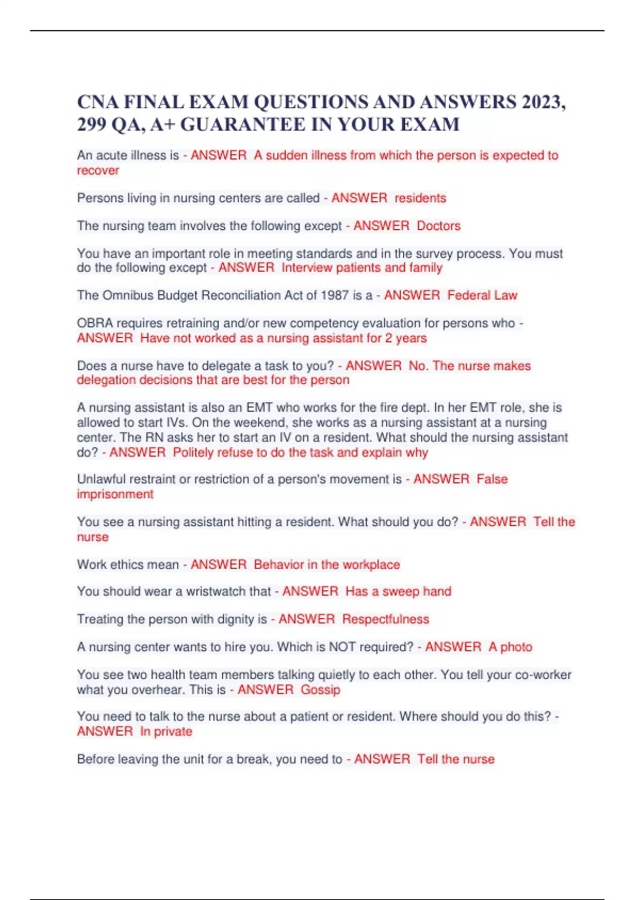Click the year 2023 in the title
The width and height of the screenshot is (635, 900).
(541, 102)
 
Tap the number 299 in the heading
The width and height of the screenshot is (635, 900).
(92, 124)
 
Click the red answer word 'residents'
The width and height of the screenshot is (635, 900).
(420, 198)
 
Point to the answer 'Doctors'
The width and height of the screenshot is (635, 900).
(439, 226)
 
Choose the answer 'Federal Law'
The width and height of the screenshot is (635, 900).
(482, 295)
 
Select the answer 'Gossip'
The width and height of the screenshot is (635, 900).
(320, 690)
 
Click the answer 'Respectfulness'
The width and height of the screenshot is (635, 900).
(385, 619)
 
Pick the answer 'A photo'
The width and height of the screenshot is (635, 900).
(510, 647)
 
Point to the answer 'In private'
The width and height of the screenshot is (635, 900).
(166, 732)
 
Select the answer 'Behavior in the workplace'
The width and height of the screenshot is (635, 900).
(326, 565)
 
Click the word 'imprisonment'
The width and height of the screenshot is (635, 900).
(115, 494)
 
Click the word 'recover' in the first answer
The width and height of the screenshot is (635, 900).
(98, 170)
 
